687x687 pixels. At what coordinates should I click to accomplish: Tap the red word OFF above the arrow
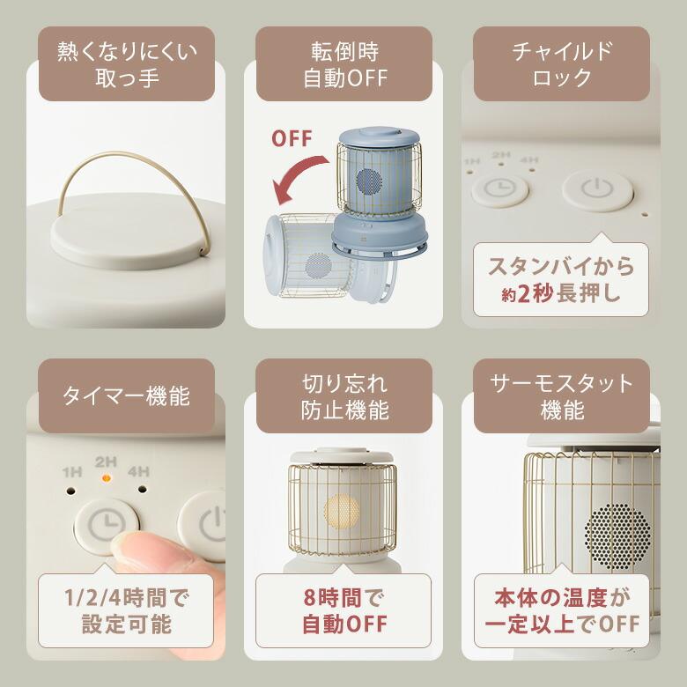[x=291, y=138]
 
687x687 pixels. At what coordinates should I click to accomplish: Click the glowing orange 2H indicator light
[x=106, y=478]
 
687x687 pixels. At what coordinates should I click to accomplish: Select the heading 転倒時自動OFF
[x=343, y=63]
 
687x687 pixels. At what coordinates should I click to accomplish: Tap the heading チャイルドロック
[x=561, y=63]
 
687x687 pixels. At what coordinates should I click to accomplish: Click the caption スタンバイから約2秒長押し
[x=561, y=278]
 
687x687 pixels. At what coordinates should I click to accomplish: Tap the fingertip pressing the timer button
[x=132, y=550]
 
